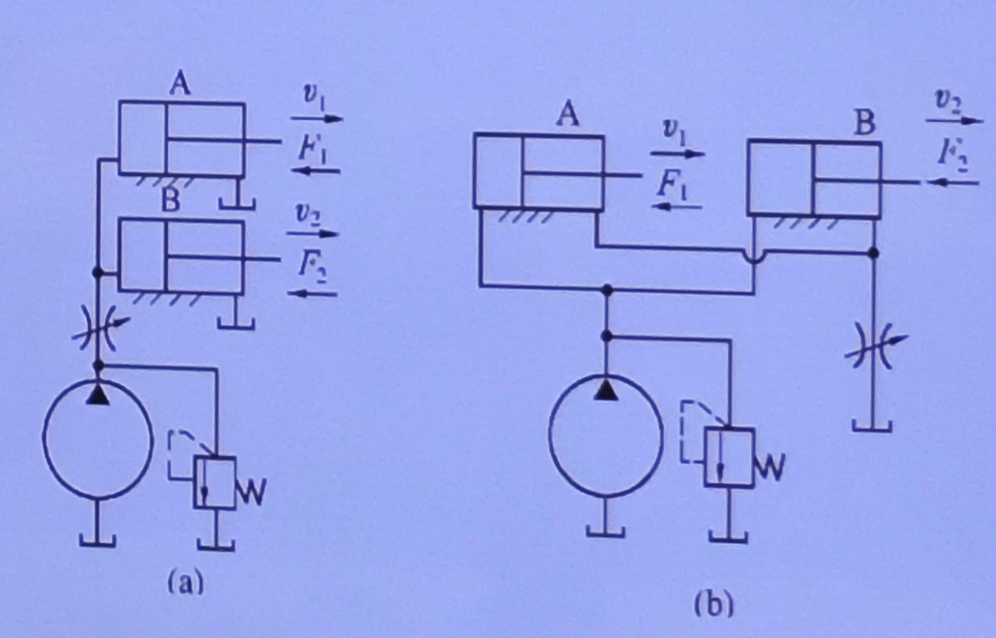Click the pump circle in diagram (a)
pyautogui.click(x=44, y=437)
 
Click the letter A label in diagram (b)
pyautogui.click(x=568, y=116)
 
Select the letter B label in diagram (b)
pyautogui.click(x=865, y=123)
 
